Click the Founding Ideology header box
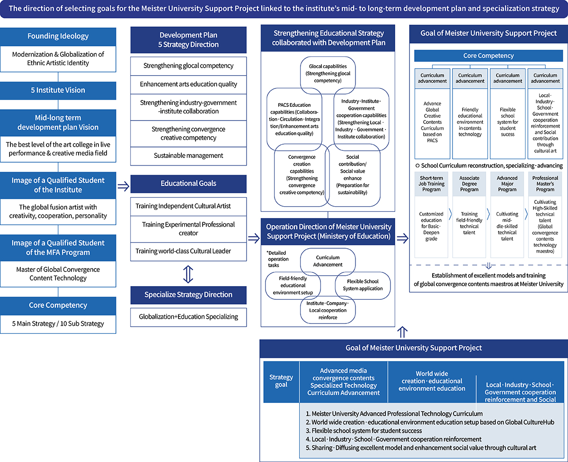[x=58, y=36]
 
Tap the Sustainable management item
[x=188, y=156]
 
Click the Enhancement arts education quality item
[x=188, y=84]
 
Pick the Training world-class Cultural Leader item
[x=188, y=251]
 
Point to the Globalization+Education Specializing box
[x=188, y=317]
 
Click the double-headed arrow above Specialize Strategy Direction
[x=188, y=273]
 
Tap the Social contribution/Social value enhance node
[x=353, y=175]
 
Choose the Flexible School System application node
[x=363, y=285]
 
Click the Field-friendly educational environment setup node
[x=292, y=286]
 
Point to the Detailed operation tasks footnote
[x=277, y=259]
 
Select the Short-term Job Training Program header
[x=431, y=184]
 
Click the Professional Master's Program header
[x=545, y=184]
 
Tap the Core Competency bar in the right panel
[x=488, y=56]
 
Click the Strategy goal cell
[x=281, y=381]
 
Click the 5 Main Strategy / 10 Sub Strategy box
[x=58, y=324]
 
